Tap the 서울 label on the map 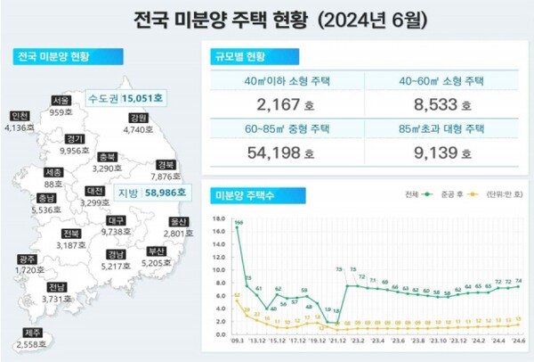tap(61, 100)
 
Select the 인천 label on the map tap(20, 116)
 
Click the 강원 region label tap(137, 118)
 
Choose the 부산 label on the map tap(158, 252)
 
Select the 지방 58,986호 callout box tap(151, 192)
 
